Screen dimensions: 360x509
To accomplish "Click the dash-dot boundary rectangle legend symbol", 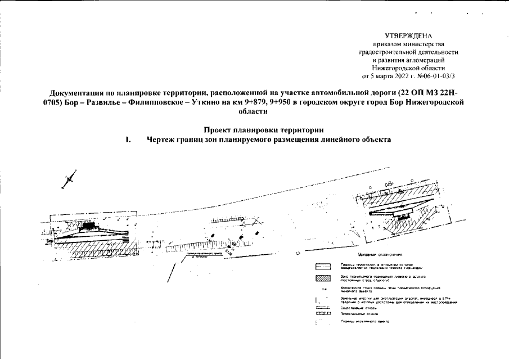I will coord(322,266).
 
